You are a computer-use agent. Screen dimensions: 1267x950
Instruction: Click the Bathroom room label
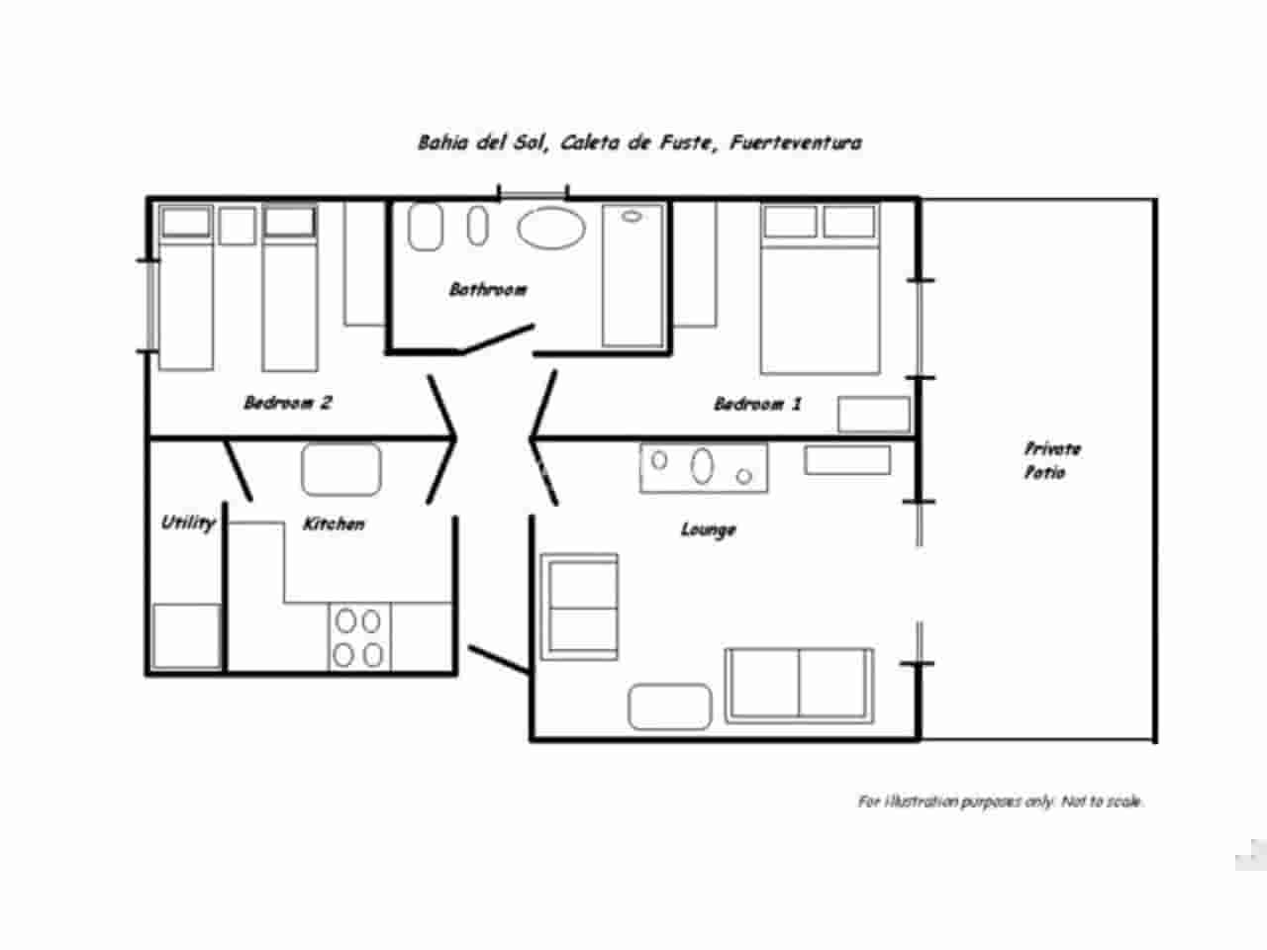[488, 289]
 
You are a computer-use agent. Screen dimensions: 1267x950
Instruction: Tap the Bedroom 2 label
[288, 402]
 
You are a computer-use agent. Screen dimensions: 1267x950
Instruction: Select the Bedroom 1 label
[757, 403]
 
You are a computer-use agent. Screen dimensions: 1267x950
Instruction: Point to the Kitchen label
[334, 523]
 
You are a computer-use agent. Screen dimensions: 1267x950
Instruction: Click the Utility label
[188, 523]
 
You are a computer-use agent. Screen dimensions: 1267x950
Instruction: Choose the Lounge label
[709, 529]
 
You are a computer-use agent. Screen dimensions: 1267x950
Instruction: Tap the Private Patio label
[1051, 460]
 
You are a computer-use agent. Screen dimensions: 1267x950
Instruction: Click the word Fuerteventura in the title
[796, 142]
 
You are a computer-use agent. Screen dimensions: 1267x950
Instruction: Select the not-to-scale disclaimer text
[1001, 802]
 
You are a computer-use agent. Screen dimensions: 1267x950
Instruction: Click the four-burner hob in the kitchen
[359, 637]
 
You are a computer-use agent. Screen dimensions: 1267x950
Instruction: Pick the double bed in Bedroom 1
[820, 289]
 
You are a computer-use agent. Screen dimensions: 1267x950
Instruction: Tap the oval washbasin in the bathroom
[551, 228]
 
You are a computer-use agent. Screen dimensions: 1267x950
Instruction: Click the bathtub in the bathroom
[633, 276]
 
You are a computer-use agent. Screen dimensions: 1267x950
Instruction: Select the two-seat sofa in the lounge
[800, 685]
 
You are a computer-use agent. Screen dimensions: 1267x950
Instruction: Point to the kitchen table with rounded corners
[341, 469]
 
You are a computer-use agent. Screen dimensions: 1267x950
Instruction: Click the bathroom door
[498, 339]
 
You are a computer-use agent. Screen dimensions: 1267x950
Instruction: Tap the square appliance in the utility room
[186, 636]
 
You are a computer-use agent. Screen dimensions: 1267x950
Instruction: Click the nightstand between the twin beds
[238, 226]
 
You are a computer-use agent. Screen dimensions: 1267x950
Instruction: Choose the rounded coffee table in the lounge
[669, 707]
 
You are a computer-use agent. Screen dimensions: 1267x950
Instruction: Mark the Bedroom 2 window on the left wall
[151, 306]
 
